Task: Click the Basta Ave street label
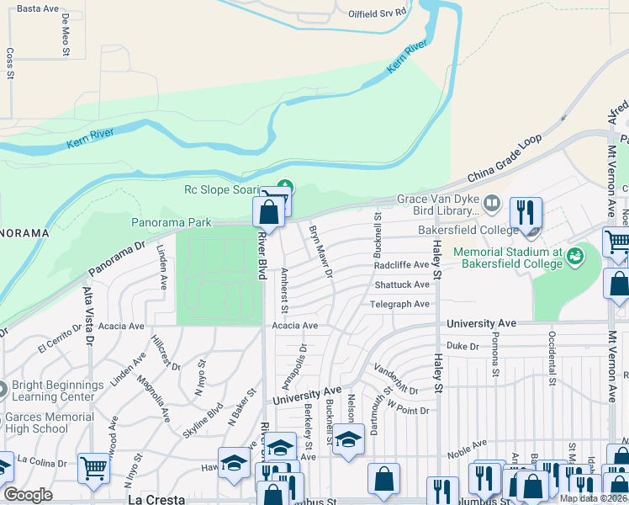tap(38, 8)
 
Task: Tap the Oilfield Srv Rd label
tap(378, 13)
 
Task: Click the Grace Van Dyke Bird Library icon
tap(493, 203)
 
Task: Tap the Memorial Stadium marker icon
tap(576, 254)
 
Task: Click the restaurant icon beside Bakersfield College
tap(526, 215)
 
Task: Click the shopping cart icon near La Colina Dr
tap(93, 469)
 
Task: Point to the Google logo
tap(28, 495)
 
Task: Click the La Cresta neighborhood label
tap(156, 499)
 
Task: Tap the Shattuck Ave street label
tap(402, 285)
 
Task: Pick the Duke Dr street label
tap(462, 345)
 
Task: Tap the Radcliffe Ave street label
tap(402, 265)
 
